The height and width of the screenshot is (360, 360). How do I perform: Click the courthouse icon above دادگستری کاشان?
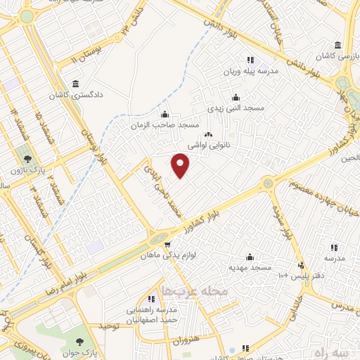click(x=75, y=84)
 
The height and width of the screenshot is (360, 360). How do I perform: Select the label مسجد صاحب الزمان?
click(x=166, y=124)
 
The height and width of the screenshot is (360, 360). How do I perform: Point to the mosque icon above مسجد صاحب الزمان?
click(x=165, y=114)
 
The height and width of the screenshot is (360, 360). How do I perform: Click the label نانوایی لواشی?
click(x=210, y=144)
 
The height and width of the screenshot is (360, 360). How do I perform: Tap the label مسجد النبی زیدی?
click(x=235, y=108)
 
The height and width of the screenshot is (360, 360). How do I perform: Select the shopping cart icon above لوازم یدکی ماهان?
click(x=167, y=245)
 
